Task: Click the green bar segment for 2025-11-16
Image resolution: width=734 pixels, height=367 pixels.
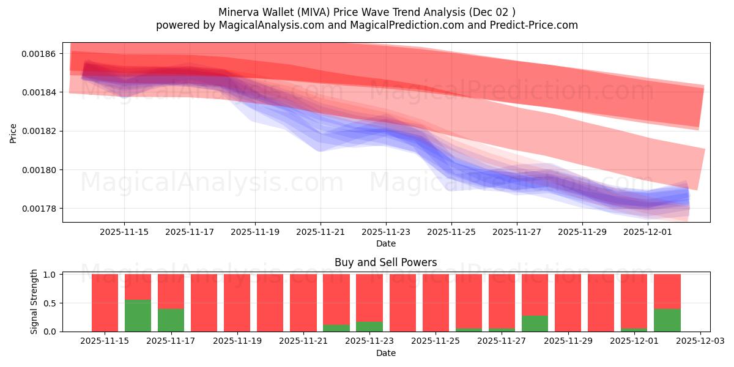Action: [138, 316]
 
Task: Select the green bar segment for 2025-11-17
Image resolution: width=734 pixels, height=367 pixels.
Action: [171, 320]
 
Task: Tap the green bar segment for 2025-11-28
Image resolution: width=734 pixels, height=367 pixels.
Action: [535, 324]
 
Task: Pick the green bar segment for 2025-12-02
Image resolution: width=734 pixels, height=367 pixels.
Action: [667, 320]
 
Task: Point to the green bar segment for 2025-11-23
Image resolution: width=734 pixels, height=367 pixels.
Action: [369, 327]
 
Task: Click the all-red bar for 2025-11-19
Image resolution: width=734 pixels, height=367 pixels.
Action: [237, 303]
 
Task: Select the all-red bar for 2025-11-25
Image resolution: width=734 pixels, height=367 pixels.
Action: [436, 303]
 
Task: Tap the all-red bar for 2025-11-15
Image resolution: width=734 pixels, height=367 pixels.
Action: [105, 303]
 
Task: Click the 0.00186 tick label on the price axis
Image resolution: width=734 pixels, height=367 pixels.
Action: [39, 54]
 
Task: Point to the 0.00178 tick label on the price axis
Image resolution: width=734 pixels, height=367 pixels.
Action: [39, 209]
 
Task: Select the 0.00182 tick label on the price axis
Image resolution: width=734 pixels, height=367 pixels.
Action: [39, 132]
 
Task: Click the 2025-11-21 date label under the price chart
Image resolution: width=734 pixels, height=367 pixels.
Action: [321, 232]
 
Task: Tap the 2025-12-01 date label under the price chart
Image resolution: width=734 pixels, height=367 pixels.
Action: [648, 232]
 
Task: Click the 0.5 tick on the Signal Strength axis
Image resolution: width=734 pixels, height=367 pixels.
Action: [50, 303]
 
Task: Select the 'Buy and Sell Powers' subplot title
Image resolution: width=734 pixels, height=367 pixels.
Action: [385, 262]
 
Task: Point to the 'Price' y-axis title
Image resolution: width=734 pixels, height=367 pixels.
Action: [13, 133]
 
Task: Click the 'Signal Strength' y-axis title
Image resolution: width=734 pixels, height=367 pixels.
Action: [34, 302]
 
